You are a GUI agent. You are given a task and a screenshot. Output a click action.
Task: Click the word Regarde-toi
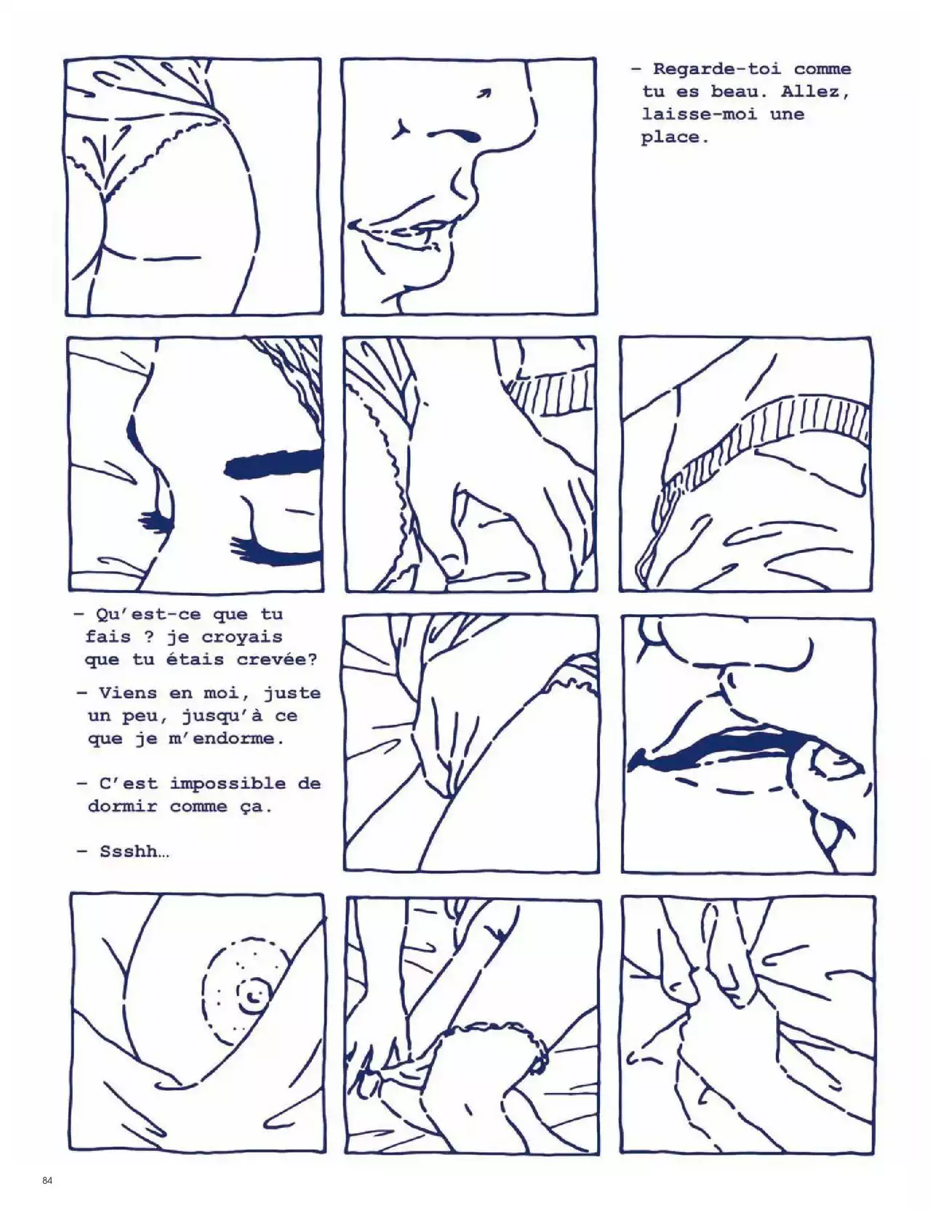716,70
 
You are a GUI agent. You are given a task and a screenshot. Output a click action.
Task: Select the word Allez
815,92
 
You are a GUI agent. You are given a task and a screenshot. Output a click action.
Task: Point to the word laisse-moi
699,114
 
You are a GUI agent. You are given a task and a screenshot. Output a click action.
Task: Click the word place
674,138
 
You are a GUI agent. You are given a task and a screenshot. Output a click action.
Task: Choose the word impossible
228,785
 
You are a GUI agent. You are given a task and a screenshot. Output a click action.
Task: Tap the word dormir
122,807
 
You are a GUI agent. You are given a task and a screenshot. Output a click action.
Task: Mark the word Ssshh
134,852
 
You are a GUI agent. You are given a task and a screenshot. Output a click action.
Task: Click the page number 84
47,1180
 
